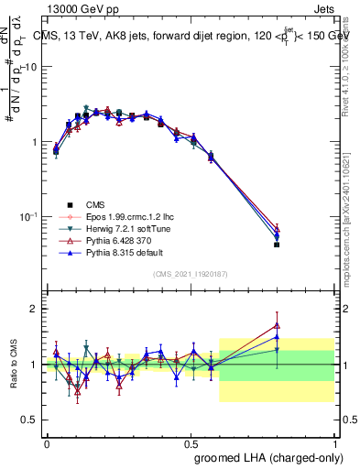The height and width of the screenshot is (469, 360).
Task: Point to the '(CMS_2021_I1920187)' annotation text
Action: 191,274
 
